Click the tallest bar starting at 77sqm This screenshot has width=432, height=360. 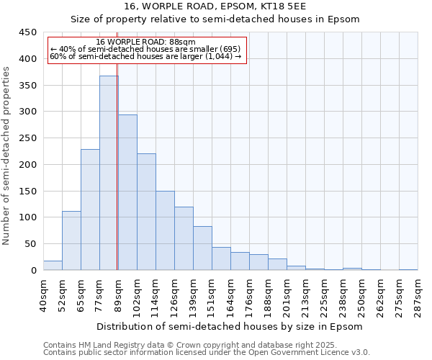coord(109,173)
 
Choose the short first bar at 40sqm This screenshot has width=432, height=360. coord(53,265)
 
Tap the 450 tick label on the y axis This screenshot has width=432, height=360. coord(27,32)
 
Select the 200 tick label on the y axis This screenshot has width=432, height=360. coord(27,165)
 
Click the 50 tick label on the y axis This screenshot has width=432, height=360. coord(30,244)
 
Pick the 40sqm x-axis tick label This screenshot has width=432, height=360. coord(43,295)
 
